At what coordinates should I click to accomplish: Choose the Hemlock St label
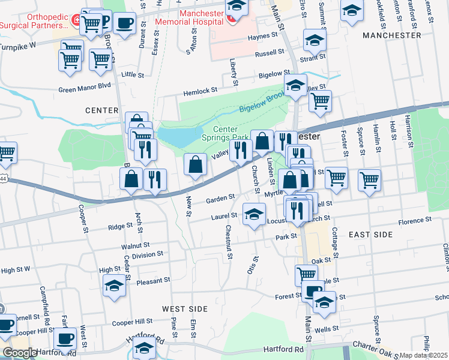coord(200,91)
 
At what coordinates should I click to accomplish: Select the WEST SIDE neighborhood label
coord(184,309)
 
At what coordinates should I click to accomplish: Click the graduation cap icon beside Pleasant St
coord(114,287)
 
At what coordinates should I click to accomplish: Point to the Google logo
coord(20,353)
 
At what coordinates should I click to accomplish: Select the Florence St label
coord(411,221)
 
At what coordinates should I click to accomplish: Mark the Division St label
coord(148,254)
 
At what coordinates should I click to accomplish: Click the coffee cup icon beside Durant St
coord(124,25)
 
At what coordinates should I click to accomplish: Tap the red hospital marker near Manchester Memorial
coord(231,19)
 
